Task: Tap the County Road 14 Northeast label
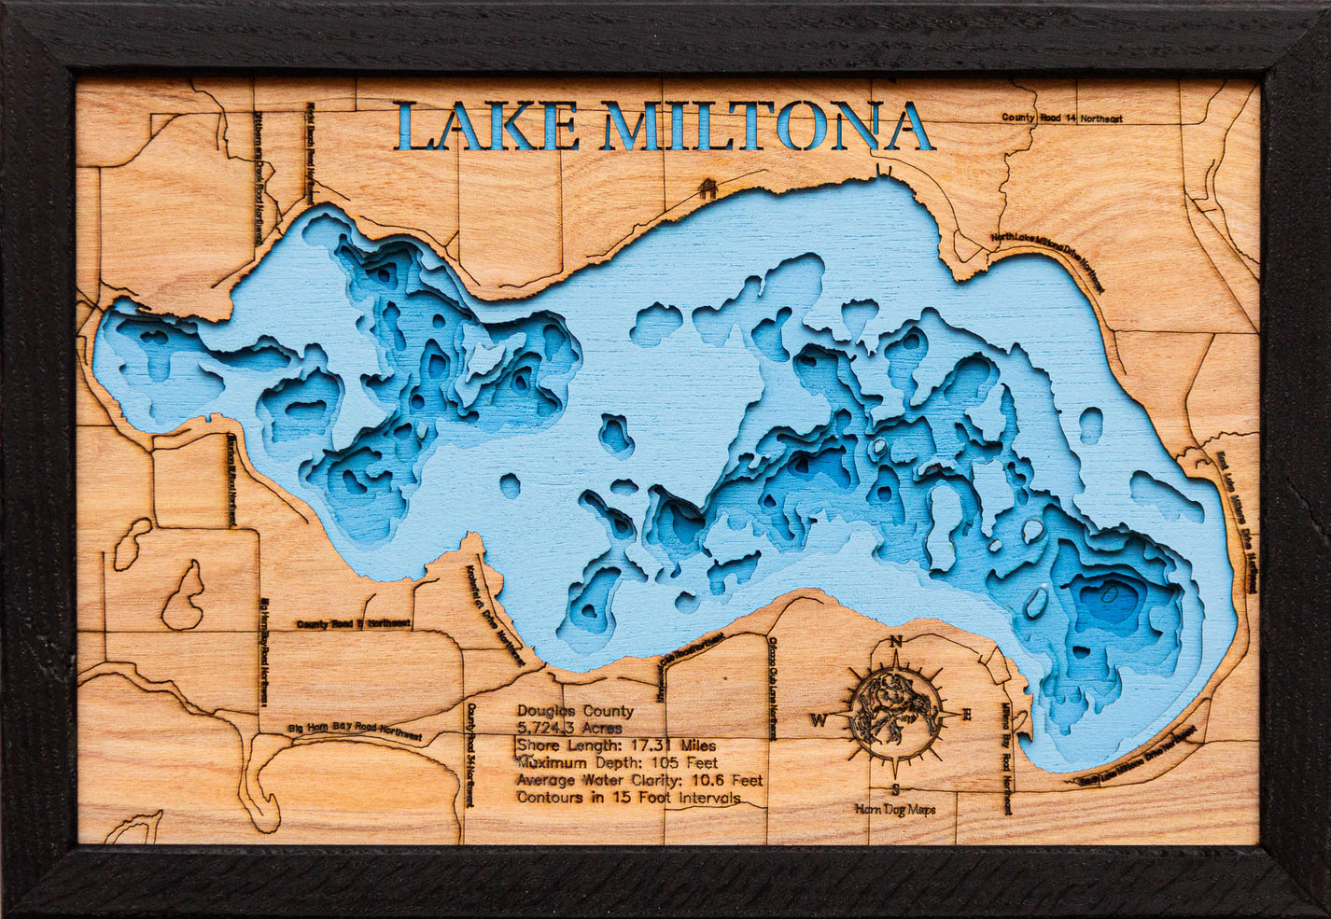(1061, 118)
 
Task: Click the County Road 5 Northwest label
(340, 623)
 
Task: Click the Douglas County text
(575, 711)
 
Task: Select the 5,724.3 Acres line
(569, 728)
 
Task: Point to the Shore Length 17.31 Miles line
(617, 745)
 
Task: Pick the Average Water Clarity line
(639, 780)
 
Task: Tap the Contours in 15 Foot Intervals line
(628, 798)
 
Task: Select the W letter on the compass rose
(818, 719)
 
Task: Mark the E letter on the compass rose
(967, 715)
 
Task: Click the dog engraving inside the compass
(894, 711)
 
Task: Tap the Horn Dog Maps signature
(894, 809)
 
